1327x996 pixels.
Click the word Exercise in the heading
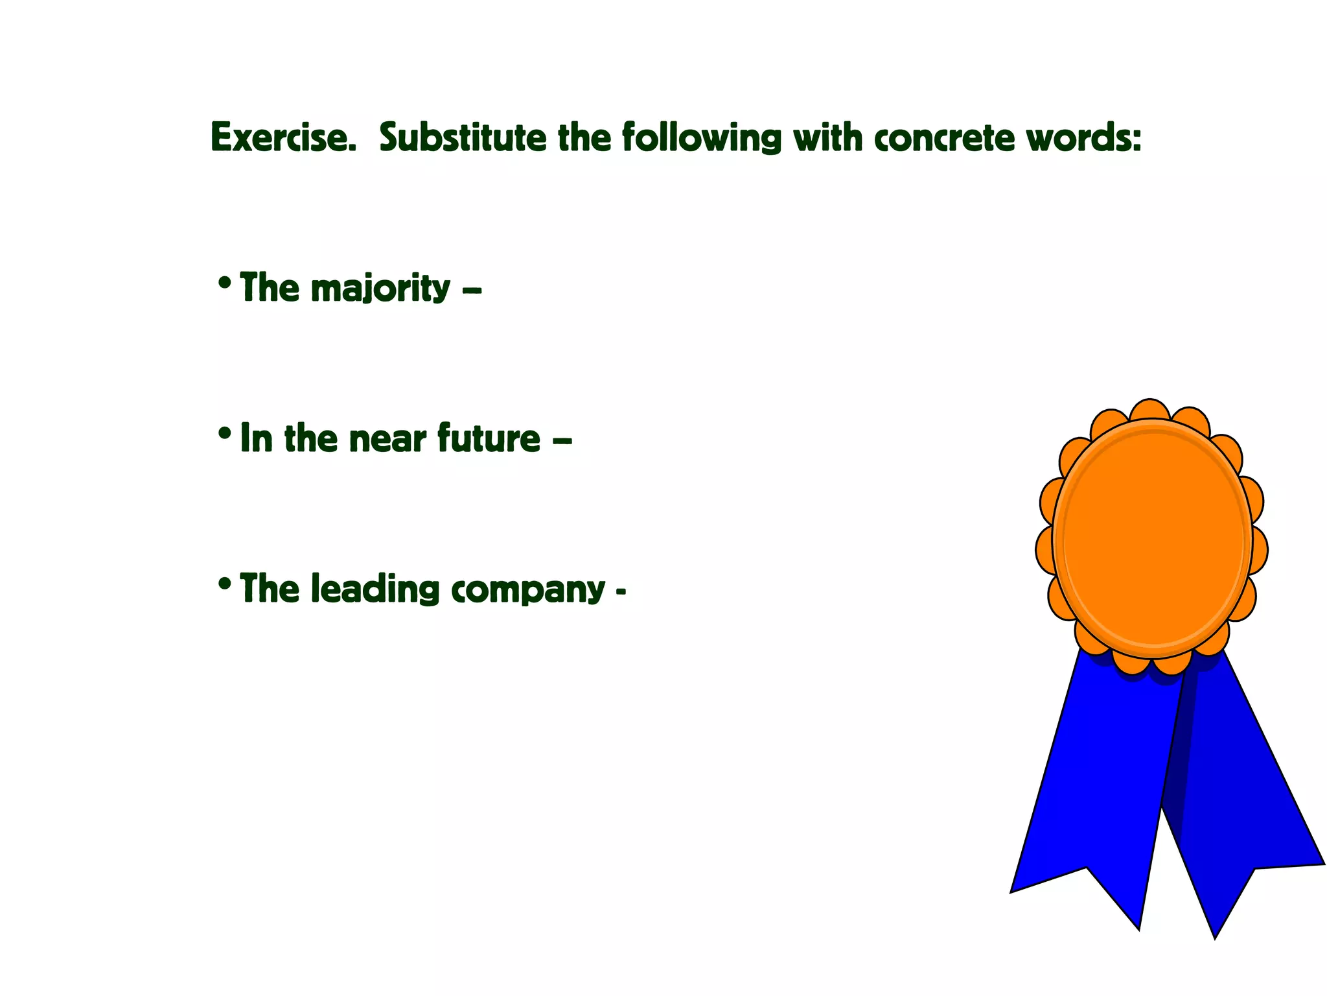pyautogui.click(x=283, y=137)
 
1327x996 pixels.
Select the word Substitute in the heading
pyautogui.click(x=463, y=137)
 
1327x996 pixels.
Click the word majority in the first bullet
pyautogui.click(x=380, y=289)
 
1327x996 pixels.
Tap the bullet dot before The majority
pyautogui.click(x=225, y=283)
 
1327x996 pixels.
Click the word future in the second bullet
pyautogui.click(x=489, y=438)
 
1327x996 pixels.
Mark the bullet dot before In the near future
pyautogui.click(x=225, y=433)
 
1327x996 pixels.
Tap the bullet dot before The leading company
pyautogui.click(x=225, y=584)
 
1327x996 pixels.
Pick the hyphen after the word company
pyautogui.click(x=621, y=592)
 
